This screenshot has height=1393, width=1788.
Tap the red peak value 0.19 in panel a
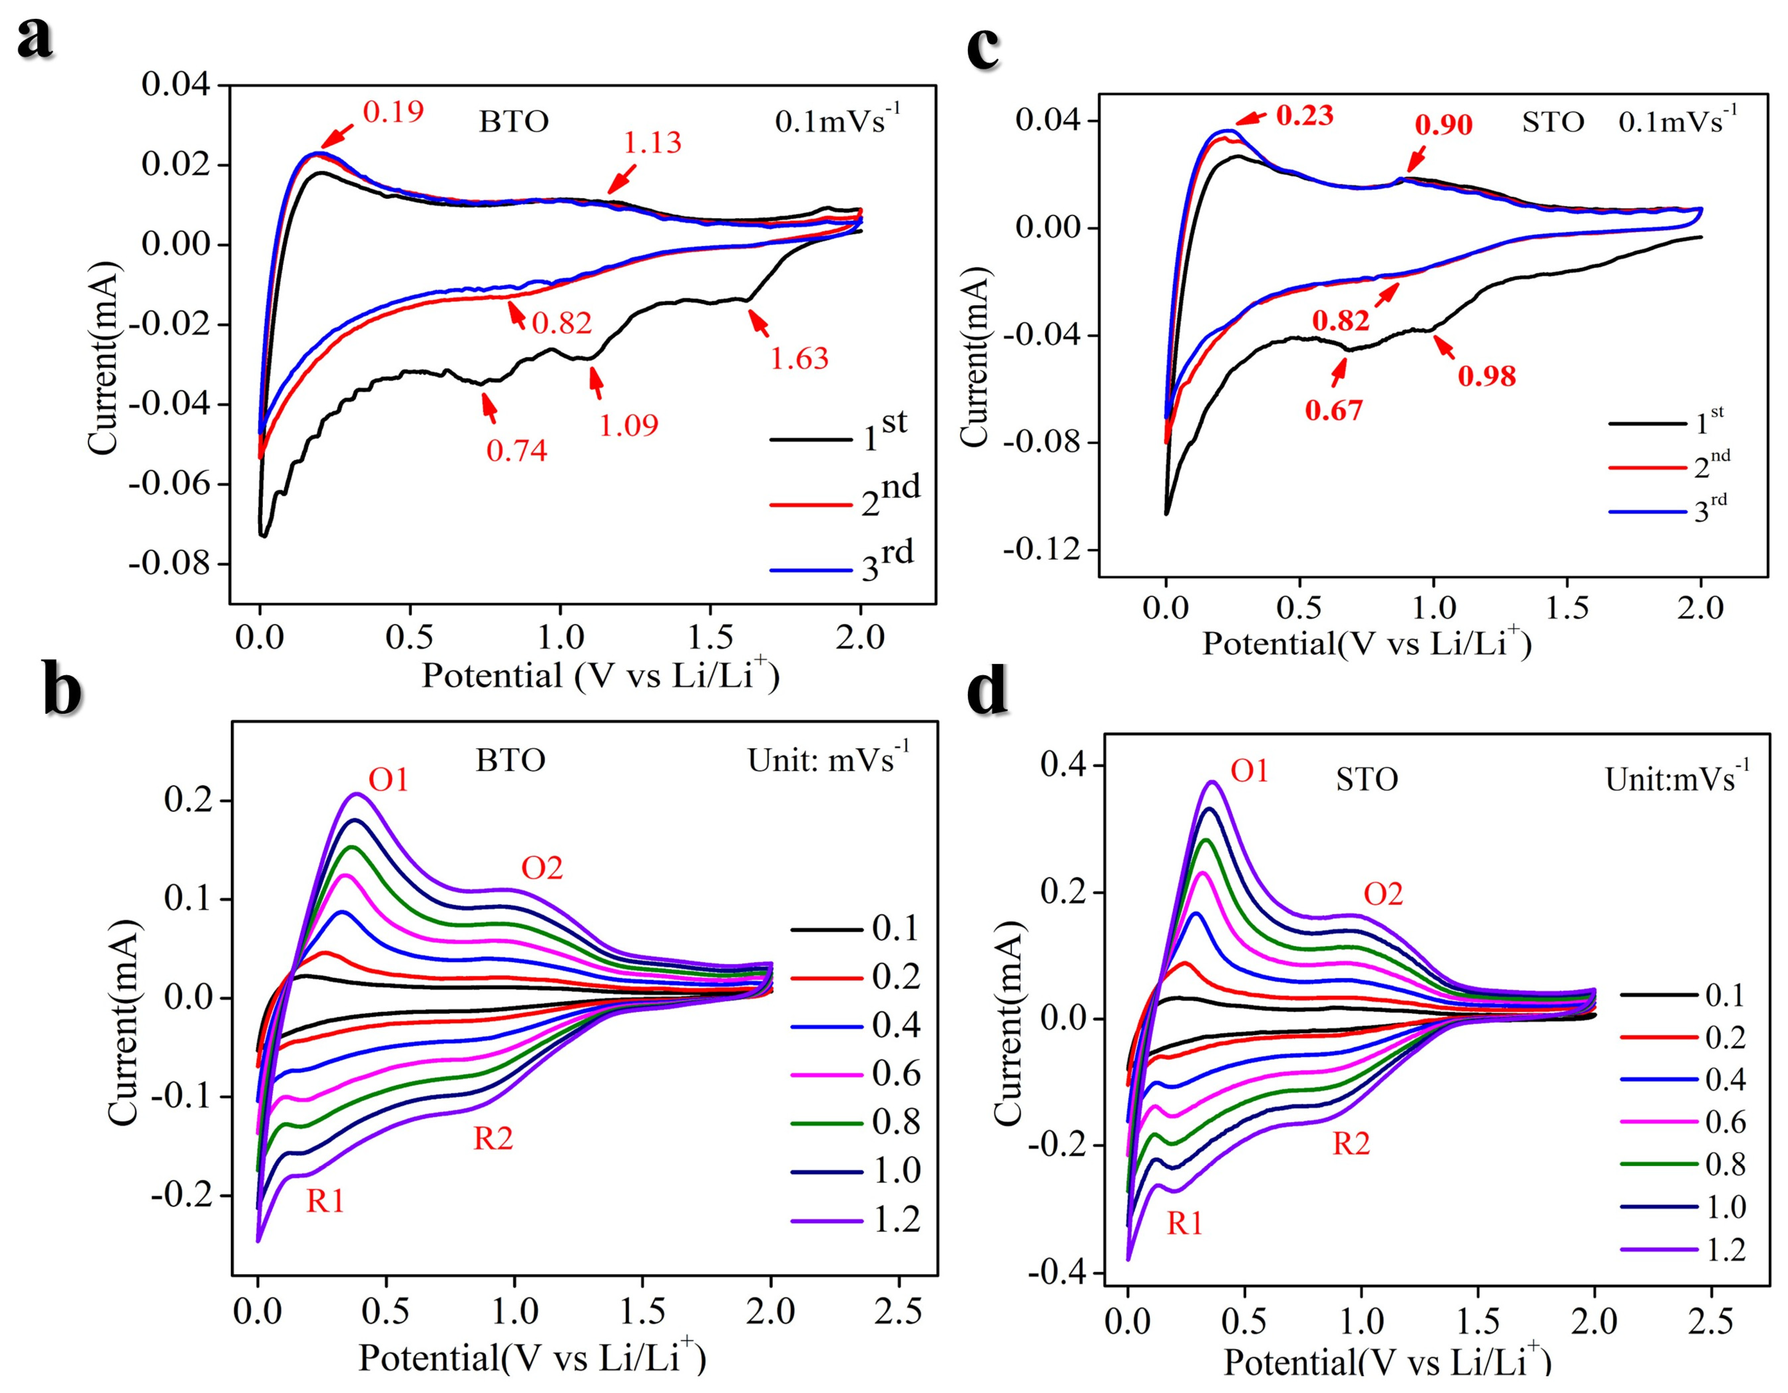point(393,112)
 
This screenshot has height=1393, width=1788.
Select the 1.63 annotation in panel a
point(799,359)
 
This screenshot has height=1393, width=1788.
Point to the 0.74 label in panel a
point(517,450)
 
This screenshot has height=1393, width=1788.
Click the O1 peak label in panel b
point(388,780)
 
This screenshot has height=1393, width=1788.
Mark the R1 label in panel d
point(1185,1223)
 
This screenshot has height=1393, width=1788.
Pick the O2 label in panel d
point(1383,895)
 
